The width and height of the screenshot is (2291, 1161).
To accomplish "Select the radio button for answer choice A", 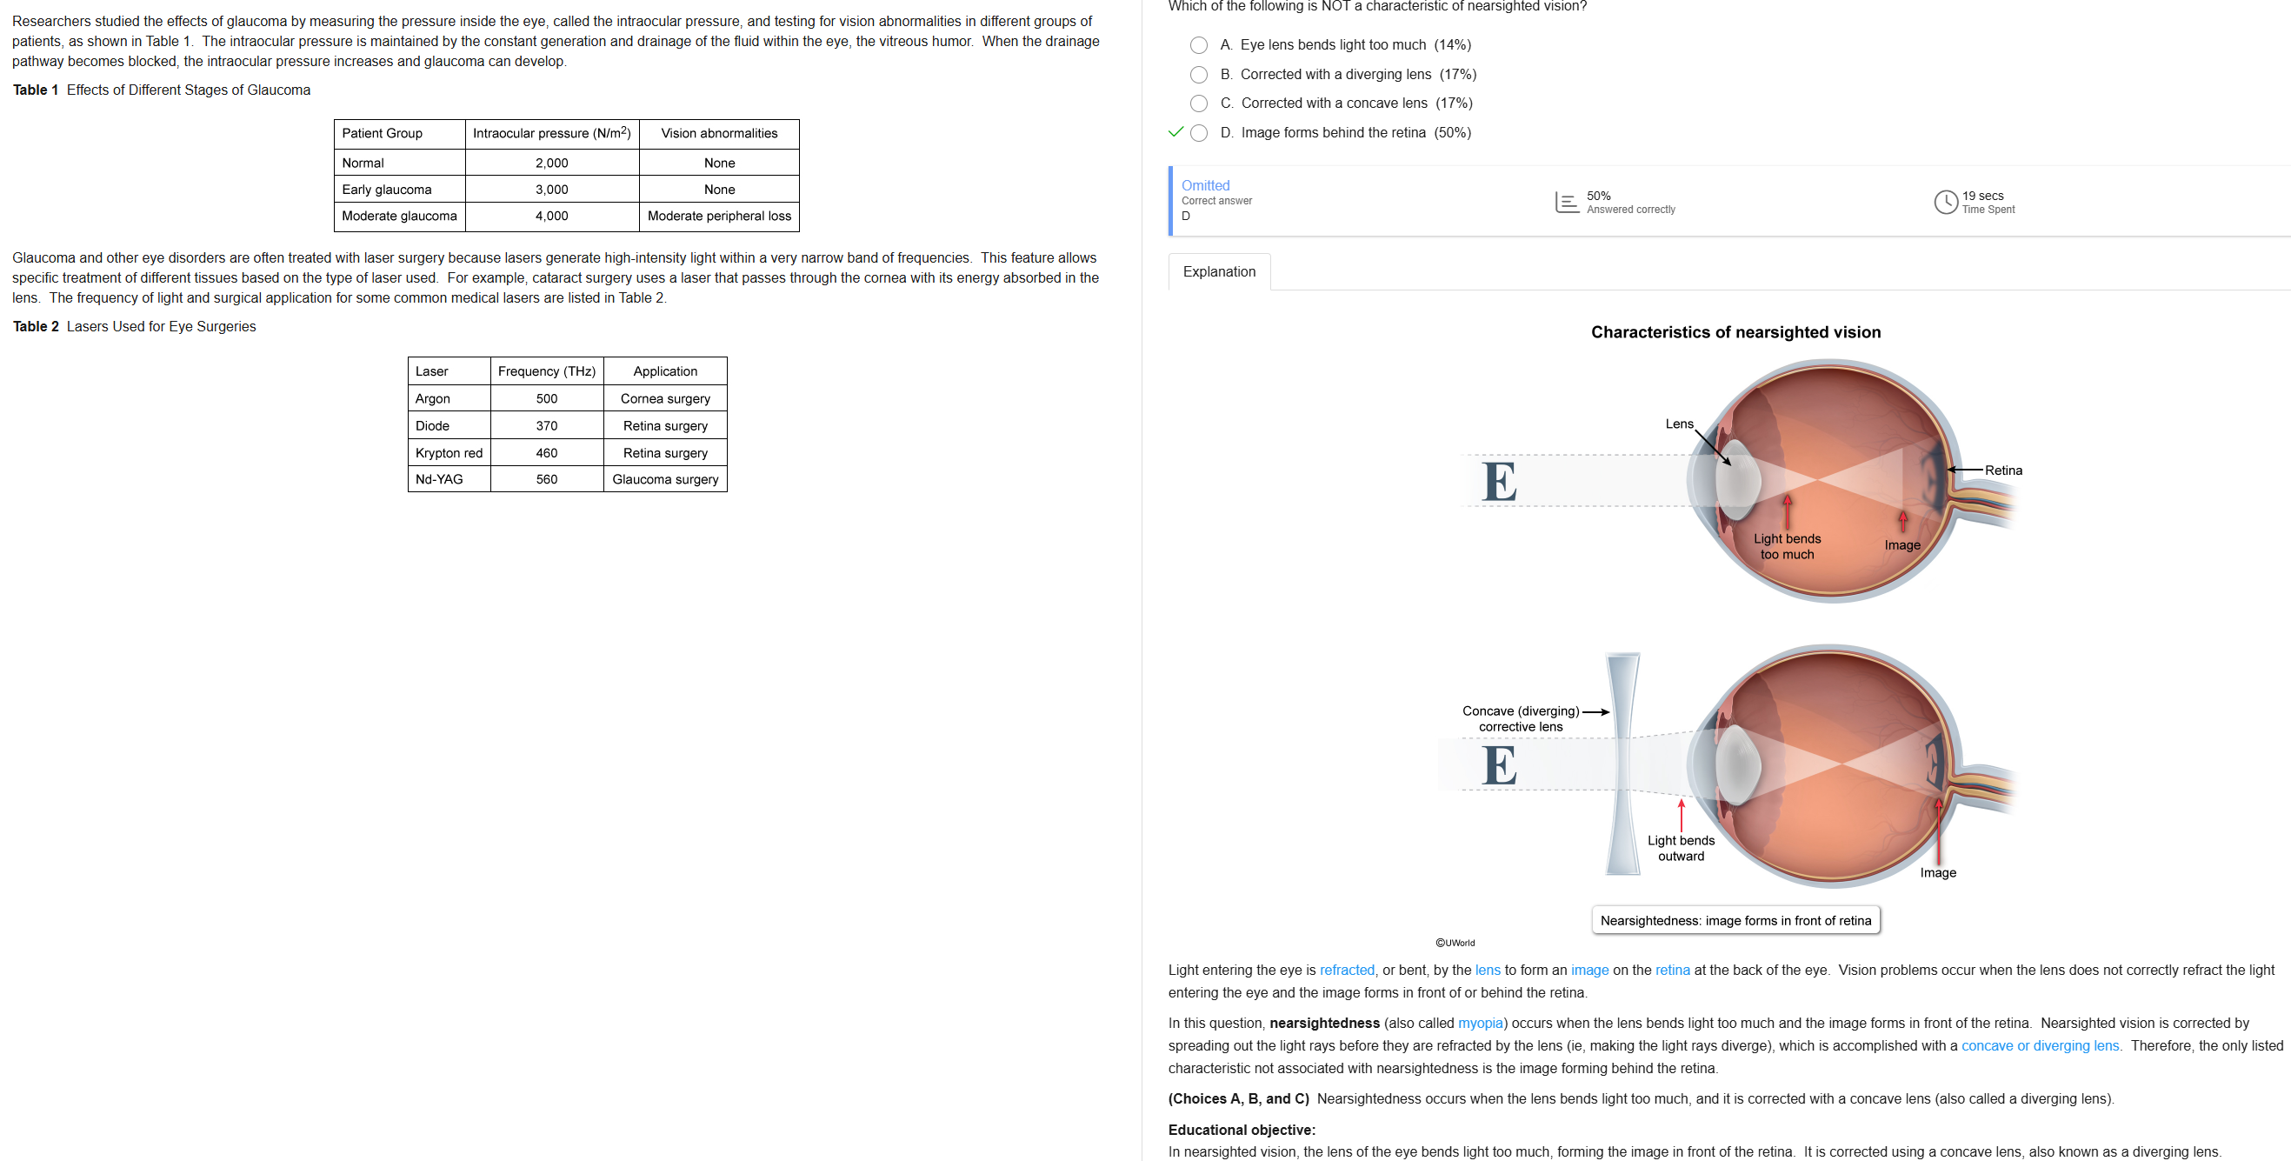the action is click(1199, 45).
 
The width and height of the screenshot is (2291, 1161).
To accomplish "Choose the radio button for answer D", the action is click(1199, 132).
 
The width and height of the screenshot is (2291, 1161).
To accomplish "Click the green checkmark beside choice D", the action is click(1175, 131).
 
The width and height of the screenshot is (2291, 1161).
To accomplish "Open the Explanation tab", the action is click(1218, 271).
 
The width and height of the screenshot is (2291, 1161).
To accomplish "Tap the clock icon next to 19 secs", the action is click(1946, 202).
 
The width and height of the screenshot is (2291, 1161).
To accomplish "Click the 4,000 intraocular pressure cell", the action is click(551, 217).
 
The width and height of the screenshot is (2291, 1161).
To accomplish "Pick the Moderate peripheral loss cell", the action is click(719, 217).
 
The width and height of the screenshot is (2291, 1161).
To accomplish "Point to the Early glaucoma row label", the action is click(387, 190).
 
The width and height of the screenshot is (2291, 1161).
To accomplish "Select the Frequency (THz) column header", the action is click(546, 371).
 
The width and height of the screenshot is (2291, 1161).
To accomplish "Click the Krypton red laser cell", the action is click(450, 453).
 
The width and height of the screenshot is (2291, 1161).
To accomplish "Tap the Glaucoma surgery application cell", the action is click(665, 479).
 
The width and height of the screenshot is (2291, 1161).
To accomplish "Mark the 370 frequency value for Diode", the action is click(546, 426).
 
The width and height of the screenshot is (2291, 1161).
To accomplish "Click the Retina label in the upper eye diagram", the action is click(2003, 470).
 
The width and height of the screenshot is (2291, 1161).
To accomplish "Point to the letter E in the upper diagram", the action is click(1500, 481).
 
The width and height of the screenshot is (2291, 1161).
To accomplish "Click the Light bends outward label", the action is click(1681, 848).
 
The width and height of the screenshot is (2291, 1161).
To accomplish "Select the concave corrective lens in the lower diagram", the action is click(1623, 764).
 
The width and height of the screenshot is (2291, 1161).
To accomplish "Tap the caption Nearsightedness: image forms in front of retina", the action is click(1735, 921).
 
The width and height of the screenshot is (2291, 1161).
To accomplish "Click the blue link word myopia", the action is click(1481, 1023).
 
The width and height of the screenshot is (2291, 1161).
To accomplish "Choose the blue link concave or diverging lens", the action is click(2041, 1045).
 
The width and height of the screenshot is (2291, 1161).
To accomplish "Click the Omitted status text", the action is click(1205, 185).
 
